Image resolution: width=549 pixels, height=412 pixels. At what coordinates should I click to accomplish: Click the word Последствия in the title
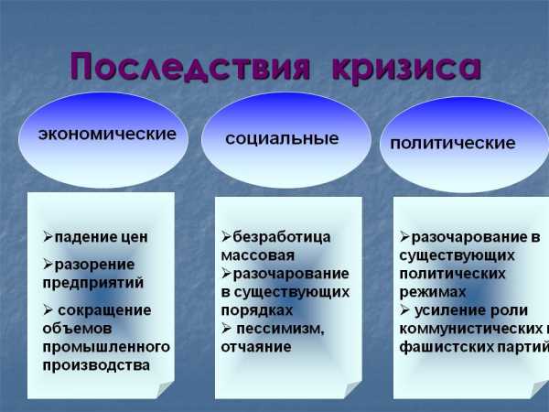click(x=190, y=67)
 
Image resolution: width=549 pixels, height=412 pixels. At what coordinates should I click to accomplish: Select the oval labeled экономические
click(x=103, y=139)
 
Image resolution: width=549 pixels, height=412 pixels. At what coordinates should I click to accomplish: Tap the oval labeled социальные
click(x=286, y=140)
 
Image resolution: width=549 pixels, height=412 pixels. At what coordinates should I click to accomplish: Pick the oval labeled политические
click(x=464, y=145)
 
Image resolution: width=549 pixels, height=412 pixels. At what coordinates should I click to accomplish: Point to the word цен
click(x=135, y=238)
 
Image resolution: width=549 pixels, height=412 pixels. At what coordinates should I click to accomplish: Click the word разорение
click(x=94, y=266)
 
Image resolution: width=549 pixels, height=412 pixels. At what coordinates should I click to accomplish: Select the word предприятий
click(x=93, y=283)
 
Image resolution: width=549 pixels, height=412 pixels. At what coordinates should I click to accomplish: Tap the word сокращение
click(x=104, y=310)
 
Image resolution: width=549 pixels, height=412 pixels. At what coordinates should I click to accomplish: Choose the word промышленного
click(x=106, y=347)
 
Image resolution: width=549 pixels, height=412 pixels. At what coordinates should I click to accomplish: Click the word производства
click(x=96, y=365)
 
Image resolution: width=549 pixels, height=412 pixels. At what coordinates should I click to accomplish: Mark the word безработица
click(x=282, y=237)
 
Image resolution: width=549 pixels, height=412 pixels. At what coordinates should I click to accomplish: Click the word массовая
click(x=258, y=255)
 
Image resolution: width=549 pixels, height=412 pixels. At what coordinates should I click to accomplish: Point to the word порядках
click(x=257, y=310)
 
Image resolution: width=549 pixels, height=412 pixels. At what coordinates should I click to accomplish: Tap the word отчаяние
click(x=256, y=347)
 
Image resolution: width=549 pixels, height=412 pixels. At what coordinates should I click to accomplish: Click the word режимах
click(x=433, y=292)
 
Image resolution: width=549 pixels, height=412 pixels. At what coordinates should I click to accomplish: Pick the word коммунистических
click(x=471, y=329)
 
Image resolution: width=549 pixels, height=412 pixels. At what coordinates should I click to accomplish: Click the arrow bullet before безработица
click(x=226, y=237)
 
